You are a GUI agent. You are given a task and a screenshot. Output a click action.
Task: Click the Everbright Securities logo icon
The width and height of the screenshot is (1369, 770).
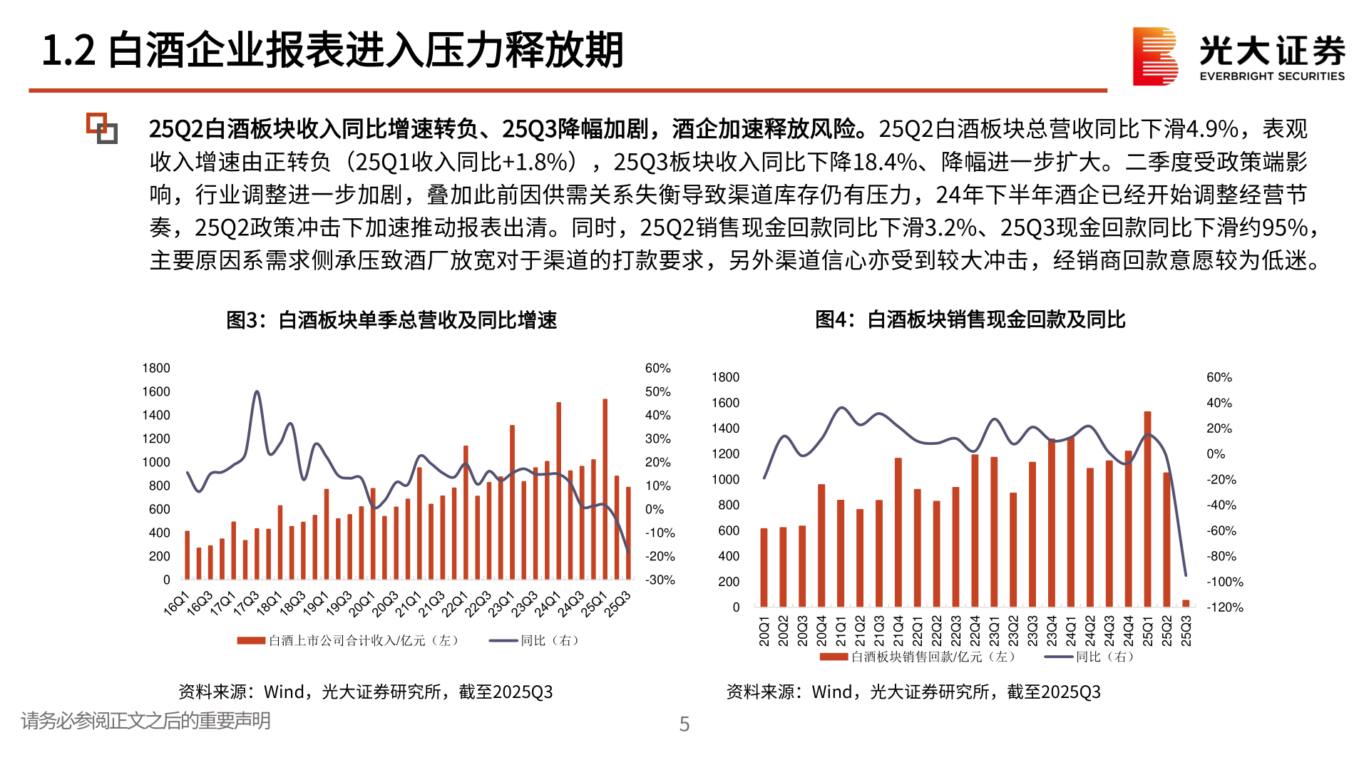point(1154,56)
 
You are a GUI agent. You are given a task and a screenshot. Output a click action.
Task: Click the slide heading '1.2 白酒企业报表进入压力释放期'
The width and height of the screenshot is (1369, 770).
point(332,51)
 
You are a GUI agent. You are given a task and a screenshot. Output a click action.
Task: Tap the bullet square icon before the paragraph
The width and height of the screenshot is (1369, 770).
point(102,128)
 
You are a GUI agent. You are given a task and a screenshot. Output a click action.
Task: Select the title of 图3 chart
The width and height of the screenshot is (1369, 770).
point(391,320)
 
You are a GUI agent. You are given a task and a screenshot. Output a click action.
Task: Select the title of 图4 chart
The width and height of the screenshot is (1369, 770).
point(970,319)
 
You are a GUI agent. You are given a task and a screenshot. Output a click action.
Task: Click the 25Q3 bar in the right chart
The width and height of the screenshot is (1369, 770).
point(1186,603)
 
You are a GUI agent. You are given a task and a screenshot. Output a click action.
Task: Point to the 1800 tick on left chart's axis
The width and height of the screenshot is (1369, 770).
point(156,368)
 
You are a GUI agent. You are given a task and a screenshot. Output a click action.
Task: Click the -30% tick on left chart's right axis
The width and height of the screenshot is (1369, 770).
point(660,580)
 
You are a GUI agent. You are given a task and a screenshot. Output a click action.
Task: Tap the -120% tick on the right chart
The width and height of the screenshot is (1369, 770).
point(1224,607)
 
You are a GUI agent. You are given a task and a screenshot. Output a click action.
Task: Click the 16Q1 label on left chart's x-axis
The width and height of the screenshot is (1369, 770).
point(176,603)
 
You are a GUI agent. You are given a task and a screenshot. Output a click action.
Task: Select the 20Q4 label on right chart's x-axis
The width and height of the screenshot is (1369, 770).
point(821,631)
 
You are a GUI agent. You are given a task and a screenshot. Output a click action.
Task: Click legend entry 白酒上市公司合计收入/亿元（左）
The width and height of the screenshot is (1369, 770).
point(349,640)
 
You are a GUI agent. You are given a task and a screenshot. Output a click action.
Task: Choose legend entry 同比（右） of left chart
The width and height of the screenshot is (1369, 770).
point(535,640)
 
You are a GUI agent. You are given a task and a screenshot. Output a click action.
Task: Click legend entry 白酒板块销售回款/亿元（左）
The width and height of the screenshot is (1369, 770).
point(920,657)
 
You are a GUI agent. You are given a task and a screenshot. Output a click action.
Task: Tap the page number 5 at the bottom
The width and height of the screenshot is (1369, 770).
point(684,724)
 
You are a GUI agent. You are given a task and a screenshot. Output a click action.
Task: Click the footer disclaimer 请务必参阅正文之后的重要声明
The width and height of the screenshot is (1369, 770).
point(145,721)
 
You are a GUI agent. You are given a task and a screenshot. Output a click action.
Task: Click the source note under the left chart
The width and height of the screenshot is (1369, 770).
point(365,692)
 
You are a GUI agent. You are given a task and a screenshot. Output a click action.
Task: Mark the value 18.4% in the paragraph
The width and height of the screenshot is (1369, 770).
point(884,162)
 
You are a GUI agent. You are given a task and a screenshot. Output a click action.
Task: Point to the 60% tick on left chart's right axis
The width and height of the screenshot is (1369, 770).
point(657,368)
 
